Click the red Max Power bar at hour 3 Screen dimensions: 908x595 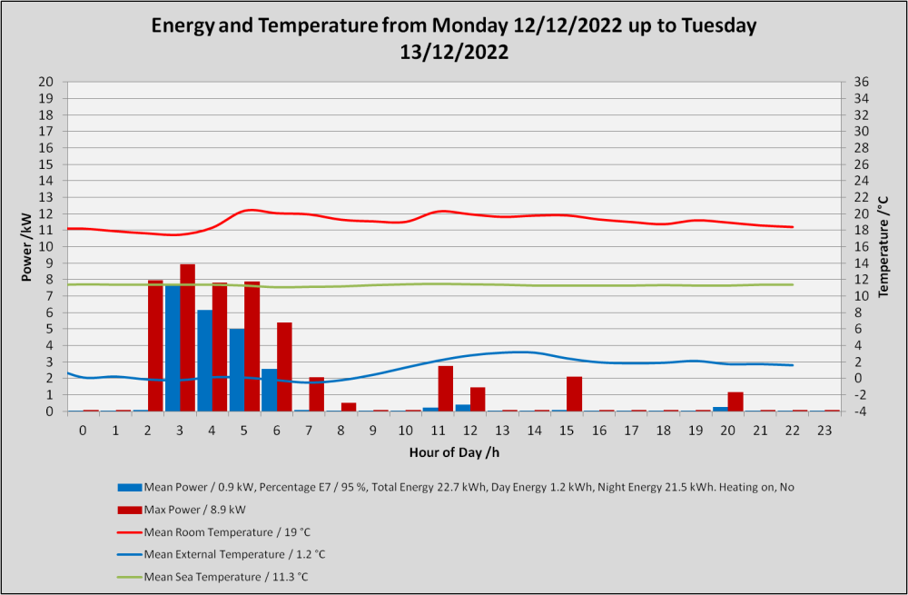[x=188, y=338]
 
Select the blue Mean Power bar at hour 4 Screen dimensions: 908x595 [x=205, y=361]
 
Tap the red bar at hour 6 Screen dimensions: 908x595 [x=284, y=367]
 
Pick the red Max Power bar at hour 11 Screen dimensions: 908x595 [x=445, y=389]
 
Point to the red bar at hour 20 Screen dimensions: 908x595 [x=735, y=402]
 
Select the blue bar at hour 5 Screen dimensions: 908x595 [x=237, y=371]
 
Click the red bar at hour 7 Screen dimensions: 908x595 [x=316, y=394]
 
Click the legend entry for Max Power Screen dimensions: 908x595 [x=182, y=510]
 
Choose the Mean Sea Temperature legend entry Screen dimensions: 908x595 [x=212, y=577]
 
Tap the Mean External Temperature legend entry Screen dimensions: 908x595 [x=222, y=554]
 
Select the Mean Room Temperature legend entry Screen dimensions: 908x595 [x=214, y=531]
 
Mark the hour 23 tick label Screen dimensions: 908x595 [x=824, y=431]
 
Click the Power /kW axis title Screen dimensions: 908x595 [x=26, y=246]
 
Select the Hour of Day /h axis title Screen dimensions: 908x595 [x=455, y=452]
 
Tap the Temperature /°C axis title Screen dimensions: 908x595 [x=883, y=246]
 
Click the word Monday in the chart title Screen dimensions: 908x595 [x=469, y=25]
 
